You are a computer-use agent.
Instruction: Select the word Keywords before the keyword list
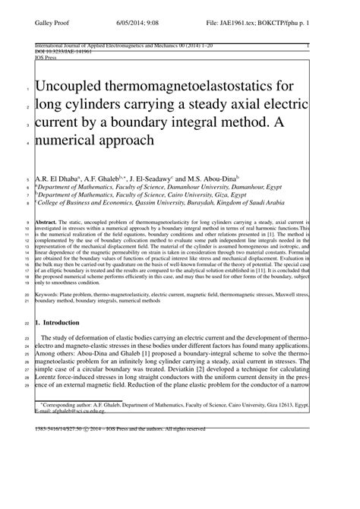[52, 293]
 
